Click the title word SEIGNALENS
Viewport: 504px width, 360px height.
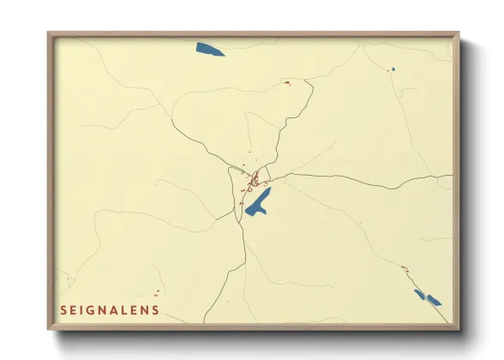click(x=110, y=310)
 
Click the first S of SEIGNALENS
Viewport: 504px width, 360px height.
click(x=63, y=310)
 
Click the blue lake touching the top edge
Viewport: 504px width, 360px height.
click(x=209, y=49)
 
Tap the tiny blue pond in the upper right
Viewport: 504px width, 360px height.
click(x=393, y=69)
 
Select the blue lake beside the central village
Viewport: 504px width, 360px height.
click(x=258, y=202)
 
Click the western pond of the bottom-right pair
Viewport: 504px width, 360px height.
click(x=419, y=294)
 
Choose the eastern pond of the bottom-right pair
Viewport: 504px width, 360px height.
click(x=434, y=300)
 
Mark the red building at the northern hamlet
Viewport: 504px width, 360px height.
click(x=287, y=82)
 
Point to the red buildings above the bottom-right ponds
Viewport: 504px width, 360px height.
click(x=405, y=269)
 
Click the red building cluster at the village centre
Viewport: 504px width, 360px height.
click(x=255, y=179)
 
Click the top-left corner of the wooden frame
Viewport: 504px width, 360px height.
click(x=49, y=33)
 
